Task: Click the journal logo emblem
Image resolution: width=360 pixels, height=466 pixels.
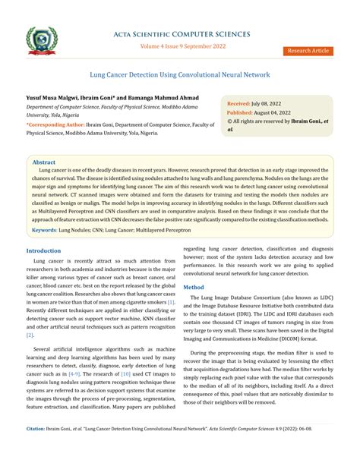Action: [43, 39]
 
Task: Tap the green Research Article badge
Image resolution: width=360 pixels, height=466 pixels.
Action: [309, 50]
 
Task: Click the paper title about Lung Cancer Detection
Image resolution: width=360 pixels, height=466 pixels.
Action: [179, 75]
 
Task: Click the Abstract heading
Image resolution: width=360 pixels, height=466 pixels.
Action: [44, 162]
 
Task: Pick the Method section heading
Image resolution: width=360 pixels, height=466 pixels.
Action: [194, 288]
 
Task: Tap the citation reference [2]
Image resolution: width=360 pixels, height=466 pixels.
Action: [30, 334]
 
